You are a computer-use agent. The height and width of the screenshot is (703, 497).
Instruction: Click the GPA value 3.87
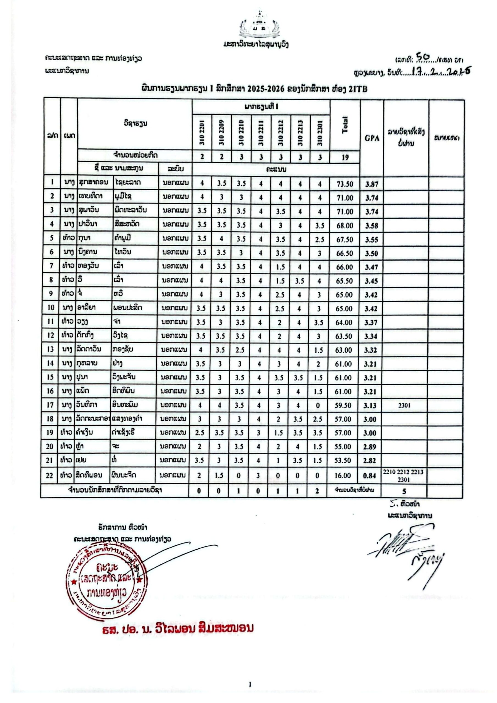pyautogui.click(x=372, y=184)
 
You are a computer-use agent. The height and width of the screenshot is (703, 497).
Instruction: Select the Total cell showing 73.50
pyautogui.click(x=345, y=184)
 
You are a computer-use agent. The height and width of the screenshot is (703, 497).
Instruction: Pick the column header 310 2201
pyautogui.click(x=202, y=133)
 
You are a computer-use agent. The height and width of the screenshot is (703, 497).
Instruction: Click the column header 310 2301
pyautogui.click(x=320, y=133)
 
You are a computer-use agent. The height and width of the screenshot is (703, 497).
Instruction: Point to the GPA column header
pyautogui.click(x=372, y=138)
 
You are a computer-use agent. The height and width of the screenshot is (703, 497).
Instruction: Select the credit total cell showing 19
pyautogui.click(x=345, y=157)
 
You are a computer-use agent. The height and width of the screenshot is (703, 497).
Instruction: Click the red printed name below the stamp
pyautogui.click(x=178, y=627)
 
